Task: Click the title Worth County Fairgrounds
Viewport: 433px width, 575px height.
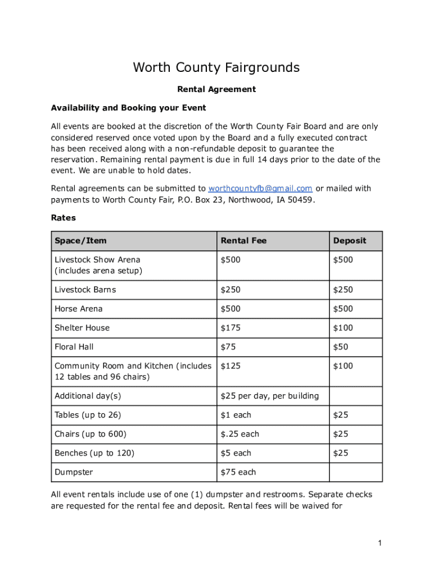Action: pyautogui.click(x=216, y=68)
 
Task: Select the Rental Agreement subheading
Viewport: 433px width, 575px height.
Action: pyautogui.click(x=216, y=89)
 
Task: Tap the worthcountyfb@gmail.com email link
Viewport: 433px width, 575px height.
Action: pyautogui.click(x=260, y=189)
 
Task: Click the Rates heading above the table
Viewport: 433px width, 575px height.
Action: pyautogui.click(x=63, y=217)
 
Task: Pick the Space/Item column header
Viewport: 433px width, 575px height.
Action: pyautogui.click(x=80, y=241)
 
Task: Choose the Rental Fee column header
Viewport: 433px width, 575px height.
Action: pyautogui.click(x=243, y=241)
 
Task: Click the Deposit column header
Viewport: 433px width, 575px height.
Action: pyautogui.click(x=349, y=241)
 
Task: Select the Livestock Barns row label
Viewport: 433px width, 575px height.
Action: pyautogui.click(x=85, y=290)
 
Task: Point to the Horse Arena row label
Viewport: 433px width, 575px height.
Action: pyautogui.click(x=78, y=309)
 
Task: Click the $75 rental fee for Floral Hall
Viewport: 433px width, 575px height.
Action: pyautogui.click(x=228, y=347)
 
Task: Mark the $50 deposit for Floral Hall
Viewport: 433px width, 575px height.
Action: pyautogui.click(x=340, y=347)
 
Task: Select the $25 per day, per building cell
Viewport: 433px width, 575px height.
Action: pyautogui.click(x=269, y=396)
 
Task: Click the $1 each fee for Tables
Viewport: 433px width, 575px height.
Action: pyautogui.click(x=236, y=416)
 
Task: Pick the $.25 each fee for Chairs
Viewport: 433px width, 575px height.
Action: pyautogui.click(x=240, y=435)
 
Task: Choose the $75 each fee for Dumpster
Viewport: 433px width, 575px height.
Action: pyautogui.click(x=238, y=472)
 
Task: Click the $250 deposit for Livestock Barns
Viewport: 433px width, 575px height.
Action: pyautogui.click(x=342, y=290)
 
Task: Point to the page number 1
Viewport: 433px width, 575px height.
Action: pyautogui.click(x=380, y=543)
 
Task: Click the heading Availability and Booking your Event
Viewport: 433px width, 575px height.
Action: pyautogui.click(x=128, y=108)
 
